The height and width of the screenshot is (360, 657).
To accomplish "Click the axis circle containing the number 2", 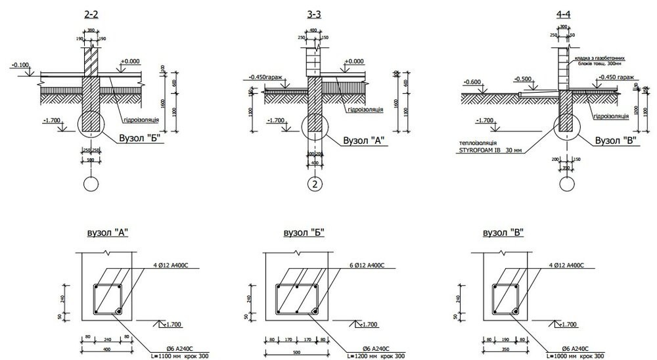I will [315, 184].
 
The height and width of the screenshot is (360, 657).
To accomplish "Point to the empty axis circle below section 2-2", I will [90, 183].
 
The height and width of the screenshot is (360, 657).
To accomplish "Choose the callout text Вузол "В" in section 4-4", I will [616, 140].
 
